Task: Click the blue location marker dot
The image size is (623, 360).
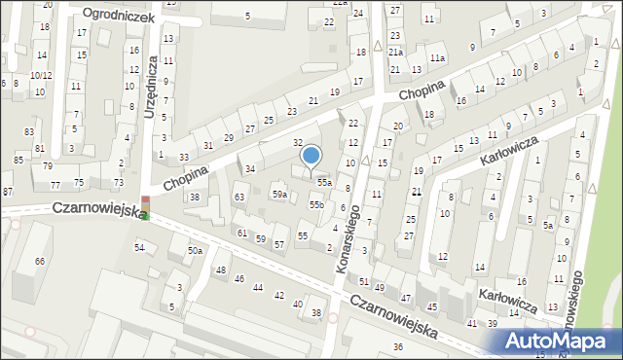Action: [311, 155]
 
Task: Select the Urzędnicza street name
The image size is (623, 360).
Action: [151, 86]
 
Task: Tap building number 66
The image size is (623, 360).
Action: [40, 262]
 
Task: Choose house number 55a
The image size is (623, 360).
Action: [323, 182]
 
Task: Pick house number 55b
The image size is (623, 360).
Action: [316, 204]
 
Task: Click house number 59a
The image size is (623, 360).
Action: [279, 196]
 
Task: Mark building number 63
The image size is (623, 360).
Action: [238, 198]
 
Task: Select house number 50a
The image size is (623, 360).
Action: [195, 251]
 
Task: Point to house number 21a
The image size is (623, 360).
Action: [395, 52]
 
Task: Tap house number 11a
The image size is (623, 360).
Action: [439, 58]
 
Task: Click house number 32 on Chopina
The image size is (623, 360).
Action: [299, 142]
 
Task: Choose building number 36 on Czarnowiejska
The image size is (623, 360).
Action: [397, 347]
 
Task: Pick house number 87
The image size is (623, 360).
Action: [8, 191]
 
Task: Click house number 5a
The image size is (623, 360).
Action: [548, 226]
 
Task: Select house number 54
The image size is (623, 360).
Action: [139, 248]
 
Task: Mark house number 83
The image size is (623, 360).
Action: [29, 130]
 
